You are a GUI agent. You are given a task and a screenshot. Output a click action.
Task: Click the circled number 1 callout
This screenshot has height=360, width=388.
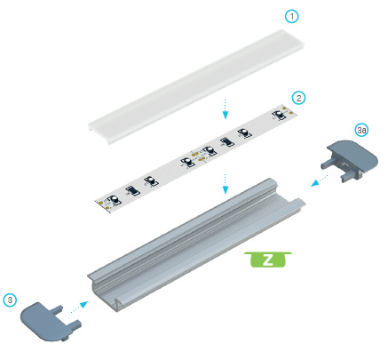(291, 17)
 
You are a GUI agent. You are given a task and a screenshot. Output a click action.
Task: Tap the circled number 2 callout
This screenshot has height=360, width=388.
(298, 98)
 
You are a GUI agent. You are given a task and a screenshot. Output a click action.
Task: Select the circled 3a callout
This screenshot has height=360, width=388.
(361, 131)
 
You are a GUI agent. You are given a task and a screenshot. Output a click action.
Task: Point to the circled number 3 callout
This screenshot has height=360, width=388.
(11, 300)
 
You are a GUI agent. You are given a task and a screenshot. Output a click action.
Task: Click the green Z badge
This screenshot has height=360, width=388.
(268, 260)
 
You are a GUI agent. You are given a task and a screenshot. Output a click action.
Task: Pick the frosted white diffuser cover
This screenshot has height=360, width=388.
(196, 86)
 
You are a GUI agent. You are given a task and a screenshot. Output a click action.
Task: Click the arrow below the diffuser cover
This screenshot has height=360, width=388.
(226, 109)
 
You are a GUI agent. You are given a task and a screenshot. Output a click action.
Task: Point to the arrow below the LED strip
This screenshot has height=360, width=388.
(226, 184)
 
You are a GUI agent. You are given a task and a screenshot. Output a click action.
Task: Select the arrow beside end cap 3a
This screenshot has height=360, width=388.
(320, 180)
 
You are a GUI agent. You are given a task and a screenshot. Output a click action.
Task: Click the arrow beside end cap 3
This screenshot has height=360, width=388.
(79, 307)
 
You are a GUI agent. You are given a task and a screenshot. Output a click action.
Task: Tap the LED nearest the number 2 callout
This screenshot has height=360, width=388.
(279, 115)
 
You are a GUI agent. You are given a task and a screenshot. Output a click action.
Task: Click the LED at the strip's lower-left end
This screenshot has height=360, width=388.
(114, 200)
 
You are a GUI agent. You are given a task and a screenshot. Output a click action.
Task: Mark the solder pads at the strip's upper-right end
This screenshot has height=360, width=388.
(289, 110)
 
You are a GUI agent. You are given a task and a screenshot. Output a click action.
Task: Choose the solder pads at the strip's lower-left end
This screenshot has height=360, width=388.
(104, 205)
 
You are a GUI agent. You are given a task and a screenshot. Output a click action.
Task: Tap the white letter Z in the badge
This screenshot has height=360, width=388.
(268, 260)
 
